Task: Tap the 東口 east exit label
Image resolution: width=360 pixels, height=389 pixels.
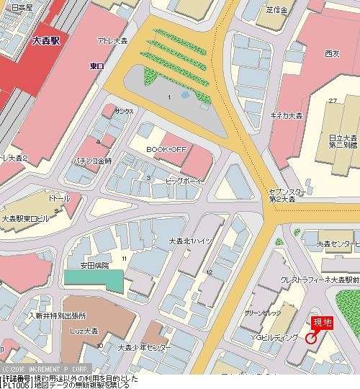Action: pos(96,66)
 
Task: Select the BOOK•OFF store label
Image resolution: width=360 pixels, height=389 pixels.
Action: pos(163,148)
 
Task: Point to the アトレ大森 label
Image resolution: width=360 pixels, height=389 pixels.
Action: pos(112,43)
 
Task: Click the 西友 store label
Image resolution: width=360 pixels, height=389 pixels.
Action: pos(332,53)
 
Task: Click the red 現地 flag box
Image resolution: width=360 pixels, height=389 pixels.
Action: pos(321,323)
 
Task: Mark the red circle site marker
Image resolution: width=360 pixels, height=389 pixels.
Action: pos(311,337)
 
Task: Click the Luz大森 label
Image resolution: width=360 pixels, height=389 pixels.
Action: pos(84,331)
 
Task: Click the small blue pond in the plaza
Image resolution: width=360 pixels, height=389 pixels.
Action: pos(185,94)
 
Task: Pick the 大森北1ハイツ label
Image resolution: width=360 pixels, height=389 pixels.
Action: pos(190,241)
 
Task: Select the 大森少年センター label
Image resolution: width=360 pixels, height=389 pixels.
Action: pos(145,347)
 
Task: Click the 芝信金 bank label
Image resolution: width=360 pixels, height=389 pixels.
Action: pos(276,10)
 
